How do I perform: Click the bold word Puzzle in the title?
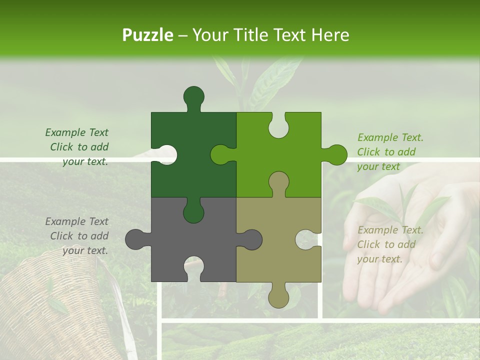[148, 35]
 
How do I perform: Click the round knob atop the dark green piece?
[194, 96]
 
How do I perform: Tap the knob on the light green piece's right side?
[336, 154]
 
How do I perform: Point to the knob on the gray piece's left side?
[135, 239]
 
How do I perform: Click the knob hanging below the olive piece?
[278, 297]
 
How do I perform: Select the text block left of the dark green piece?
[78, 147]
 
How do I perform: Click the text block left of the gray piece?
[78, 236]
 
